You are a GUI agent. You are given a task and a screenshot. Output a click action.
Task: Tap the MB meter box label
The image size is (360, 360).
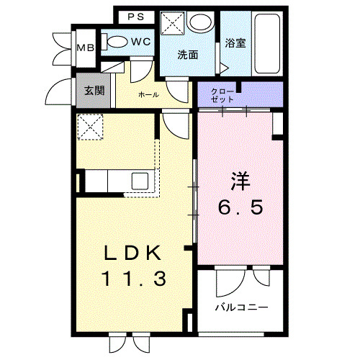84,48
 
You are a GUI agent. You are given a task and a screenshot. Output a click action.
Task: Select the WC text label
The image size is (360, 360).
141,42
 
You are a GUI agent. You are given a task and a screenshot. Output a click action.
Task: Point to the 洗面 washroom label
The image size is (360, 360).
189,54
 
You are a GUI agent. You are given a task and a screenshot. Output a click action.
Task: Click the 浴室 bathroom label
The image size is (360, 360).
235,42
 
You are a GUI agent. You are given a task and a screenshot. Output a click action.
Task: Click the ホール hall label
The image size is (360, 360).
148,94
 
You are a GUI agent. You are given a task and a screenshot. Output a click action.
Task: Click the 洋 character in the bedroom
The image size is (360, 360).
240,179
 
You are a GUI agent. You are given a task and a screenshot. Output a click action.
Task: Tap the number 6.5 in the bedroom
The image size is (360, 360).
240,208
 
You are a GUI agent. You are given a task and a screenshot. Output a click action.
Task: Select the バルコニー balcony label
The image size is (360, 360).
240,307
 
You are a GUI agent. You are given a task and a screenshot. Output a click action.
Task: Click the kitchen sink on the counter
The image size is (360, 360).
140,181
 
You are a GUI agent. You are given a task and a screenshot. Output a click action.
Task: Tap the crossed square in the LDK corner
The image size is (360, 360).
92,130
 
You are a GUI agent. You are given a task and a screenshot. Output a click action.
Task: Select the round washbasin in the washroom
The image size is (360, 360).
198,24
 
